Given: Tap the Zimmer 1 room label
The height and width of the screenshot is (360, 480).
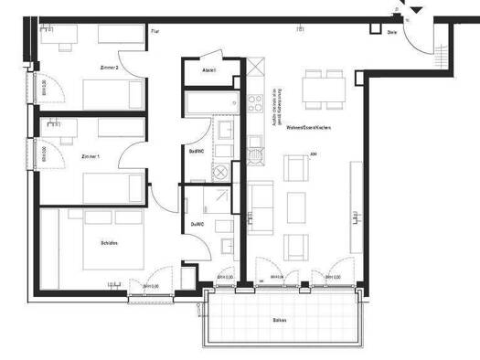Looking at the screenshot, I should tap(89, 156).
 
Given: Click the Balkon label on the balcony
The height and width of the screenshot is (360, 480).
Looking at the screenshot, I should tap(281, 320).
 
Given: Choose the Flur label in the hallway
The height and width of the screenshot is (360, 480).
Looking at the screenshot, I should tap(155, 31).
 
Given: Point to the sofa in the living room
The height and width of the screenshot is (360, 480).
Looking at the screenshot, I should tap(261, 208).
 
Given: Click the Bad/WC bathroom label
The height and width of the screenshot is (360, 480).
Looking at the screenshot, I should tap(195, 152).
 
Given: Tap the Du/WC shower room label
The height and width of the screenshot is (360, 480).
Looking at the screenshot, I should tap(196, 224).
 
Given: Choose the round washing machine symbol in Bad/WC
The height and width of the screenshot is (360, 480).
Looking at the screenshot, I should tap(221, 171).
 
